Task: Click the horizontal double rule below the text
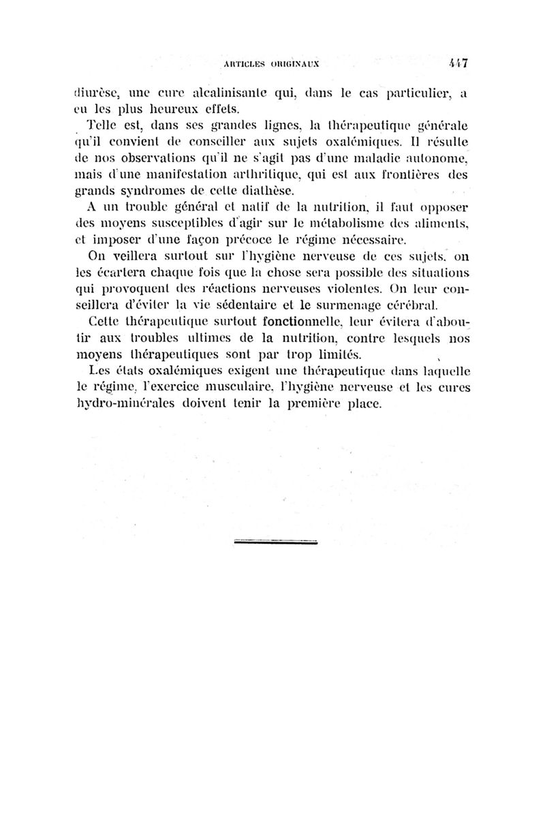271,542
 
